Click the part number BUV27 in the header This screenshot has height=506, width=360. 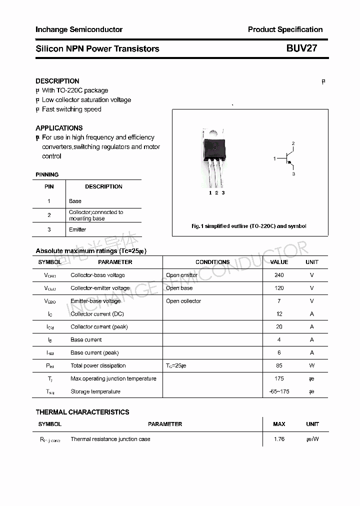tap(301, 48)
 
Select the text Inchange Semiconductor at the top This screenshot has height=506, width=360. tap(79, 29)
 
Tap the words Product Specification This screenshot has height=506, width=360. tap(285, 29)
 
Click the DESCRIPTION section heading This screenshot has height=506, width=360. tap(57, 81)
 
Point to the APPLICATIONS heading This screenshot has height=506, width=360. tap(59, 128)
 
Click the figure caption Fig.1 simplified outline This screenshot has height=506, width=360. tap(249, 226)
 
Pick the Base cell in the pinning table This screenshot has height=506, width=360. tap(75, 201)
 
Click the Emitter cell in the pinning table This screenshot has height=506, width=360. tap(77, 229)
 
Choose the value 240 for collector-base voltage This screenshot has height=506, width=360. tap(279, 275)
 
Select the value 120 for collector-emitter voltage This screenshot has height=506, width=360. tap(279, 288)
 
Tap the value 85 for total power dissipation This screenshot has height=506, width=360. tap(279, 365)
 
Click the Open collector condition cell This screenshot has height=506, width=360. tap(183, 301)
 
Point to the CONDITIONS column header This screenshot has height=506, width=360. tap(212, 262)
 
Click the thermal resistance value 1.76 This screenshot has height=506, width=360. tap(279, 439)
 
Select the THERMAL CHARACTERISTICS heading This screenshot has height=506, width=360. tap(82, 412)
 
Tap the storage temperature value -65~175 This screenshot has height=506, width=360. tap(279, 391)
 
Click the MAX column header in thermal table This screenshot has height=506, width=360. tap(279, 424)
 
